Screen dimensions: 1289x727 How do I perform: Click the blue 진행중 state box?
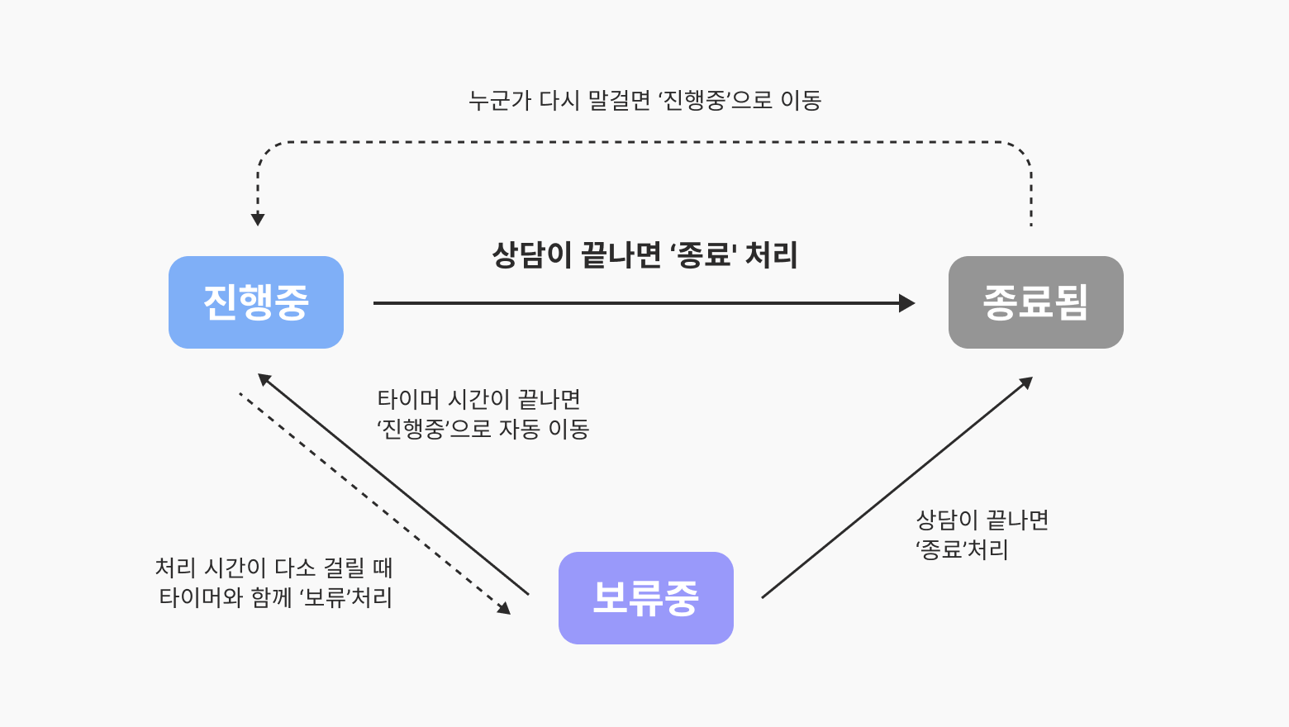pos(256,302)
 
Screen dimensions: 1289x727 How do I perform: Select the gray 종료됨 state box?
pos(1036,302)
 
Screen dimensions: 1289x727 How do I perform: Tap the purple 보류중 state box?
pos(645,597)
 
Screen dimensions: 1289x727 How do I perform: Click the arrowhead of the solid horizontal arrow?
pos(907,303)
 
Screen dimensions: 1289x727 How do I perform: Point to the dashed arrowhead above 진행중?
pos(258,219)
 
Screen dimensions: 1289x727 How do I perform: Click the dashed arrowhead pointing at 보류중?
pos(505,608)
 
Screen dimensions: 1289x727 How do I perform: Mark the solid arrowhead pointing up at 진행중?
pos(264,379)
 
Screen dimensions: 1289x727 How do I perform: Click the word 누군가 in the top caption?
pos(499,100)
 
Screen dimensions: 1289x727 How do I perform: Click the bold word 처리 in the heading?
pos(771,254)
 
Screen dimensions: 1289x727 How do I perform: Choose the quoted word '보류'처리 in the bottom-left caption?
pos(346,597)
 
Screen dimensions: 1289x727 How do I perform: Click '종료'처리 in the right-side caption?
pos(962,549)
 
